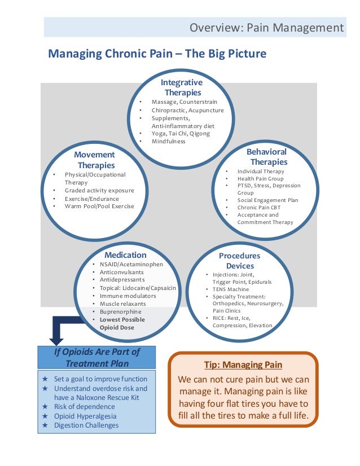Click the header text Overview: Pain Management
point(266,27)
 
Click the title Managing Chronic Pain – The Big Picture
point(157,54)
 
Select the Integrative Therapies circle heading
point(182,87)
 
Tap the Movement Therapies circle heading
point(96,160)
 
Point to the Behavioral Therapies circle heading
point(266,157)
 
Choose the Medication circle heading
point(125,255)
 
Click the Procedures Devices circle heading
point(240,261)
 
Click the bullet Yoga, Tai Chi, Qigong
point(181,134)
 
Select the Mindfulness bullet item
point(168,142)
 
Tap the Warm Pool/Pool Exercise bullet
point(99,206)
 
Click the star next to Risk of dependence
point(45,406)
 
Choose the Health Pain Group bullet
point(260,179)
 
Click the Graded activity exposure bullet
point(99,191)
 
